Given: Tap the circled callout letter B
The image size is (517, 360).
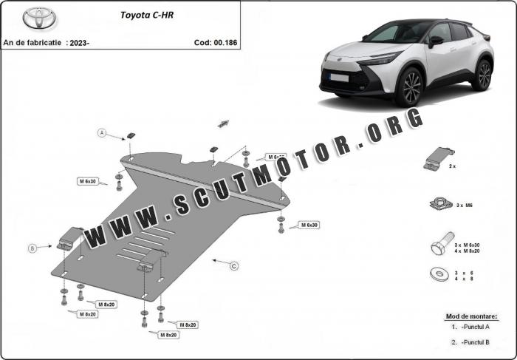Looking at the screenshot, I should click(32, 249).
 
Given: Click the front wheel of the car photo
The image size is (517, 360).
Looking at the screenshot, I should click(408, 86).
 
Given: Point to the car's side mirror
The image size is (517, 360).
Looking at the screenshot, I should click(436, 41).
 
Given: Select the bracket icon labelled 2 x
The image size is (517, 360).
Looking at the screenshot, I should click(437, 157).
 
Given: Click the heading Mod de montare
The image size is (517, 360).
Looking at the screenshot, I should click(471, 316).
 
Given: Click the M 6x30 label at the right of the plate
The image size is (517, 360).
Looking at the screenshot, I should click(308, 224).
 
